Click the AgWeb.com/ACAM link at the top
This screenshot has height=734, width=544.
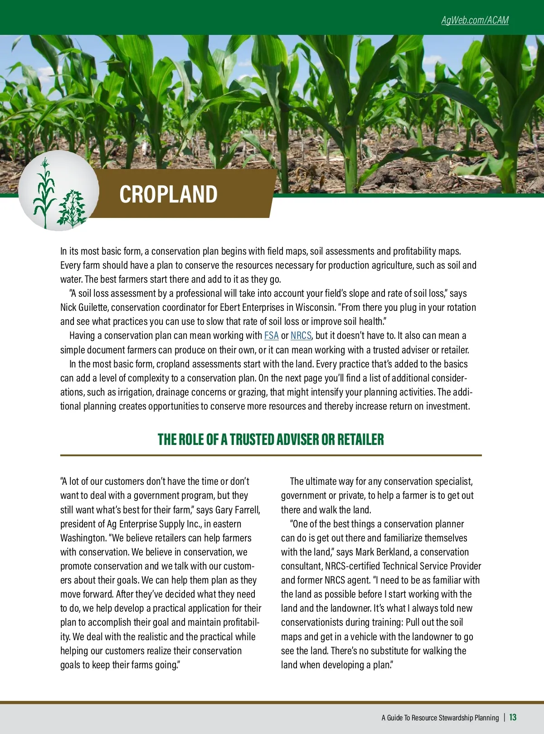coord(475,20)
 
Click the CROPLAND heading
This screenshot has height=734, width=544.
coord(168,194)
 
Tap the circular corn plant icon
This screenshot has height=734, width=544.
coord(58,191)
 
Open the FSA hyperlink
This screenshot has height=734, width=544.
coord(271,336)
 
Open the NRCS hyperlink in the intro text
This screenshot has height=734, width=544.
coord(301,336)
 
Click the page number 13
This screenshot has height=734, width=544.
coord(513,717)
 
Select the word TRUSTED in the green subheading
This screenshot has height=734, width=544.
coord(252,439)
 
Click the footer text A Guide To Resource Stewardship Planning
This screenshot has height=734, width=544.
coord(440,718)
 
